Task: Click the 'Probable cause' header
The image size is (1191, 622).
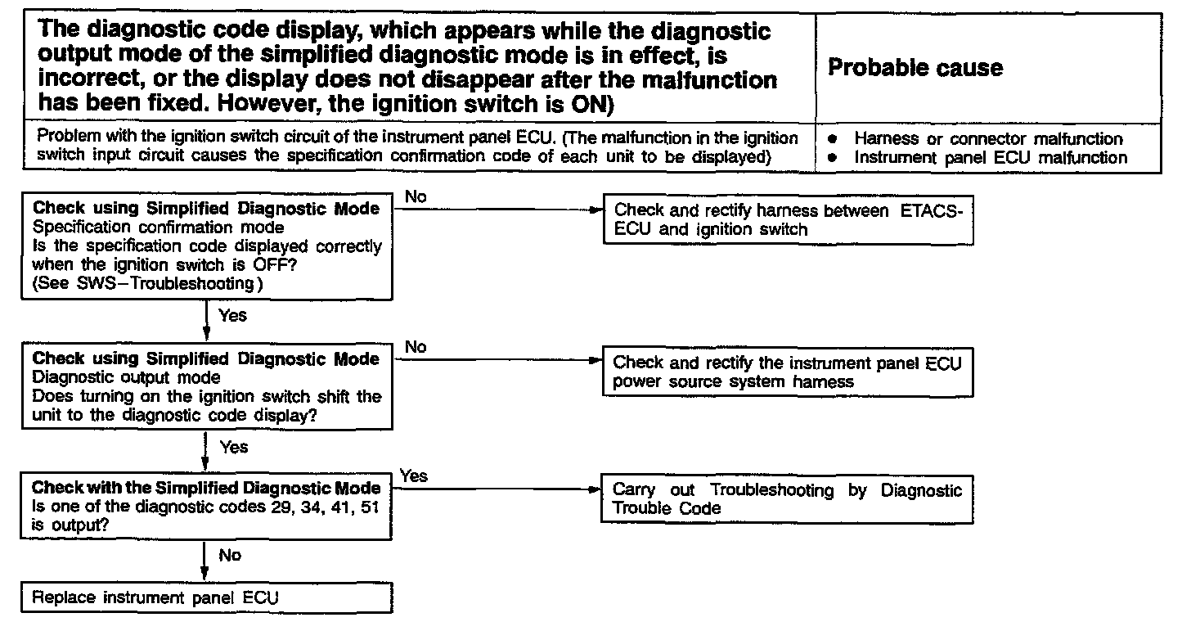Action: [x=915, y=67]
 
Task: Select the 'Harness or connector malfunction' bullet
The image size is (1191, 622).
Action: [x=988, y=139]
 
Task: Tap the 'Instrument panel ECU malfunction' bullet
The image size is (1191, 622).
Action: [x=990, y=157]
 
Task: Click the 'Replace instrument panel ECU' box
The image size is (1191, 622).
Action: [x=155, y=597]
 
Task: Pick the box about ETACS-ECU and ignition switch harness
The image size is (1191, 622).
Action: [x=789, y=220]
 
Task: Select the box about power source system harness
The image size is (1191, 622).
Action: [x=787, y=372]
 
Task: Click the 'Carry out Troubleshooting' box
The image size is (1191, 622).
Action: [x=787, y=498]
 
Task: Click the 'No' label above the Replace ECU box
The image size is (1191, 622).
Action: [x=230, y=556]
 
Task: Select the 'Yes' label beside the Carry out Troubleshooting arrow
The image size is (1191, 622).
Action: [x=415, y=476]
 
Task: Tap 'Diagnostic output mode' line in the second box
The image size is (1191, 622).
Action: [x=126, y=377]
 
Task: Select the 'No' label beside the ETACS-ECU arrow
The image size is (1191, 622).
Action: [x=415, y=196]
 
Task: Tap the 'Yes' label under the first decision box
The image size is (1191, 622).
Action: [x=233, y=315]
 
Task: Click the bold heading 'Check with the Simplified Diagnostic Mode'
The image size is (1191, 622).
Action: [x=206, y=489]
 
